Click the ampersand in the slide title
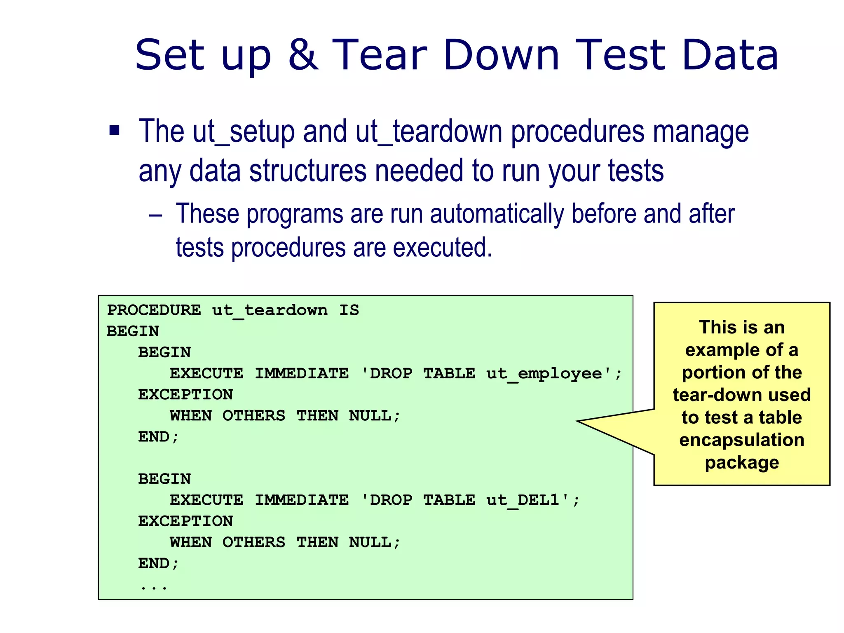(303, 55)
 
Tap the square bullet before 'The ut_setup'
(114, 131)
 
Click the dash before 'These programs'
(155, 215)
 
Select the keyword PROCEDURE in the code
(154, 310)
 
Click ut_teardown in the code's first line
(270, 310)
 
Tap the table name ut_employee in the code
(544, 374)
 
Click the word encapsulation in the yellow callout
(742, 440)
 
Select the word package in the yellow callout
(742, 463)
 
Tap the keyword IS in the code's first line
(349, 310)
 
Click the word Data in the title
(730, 55)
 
